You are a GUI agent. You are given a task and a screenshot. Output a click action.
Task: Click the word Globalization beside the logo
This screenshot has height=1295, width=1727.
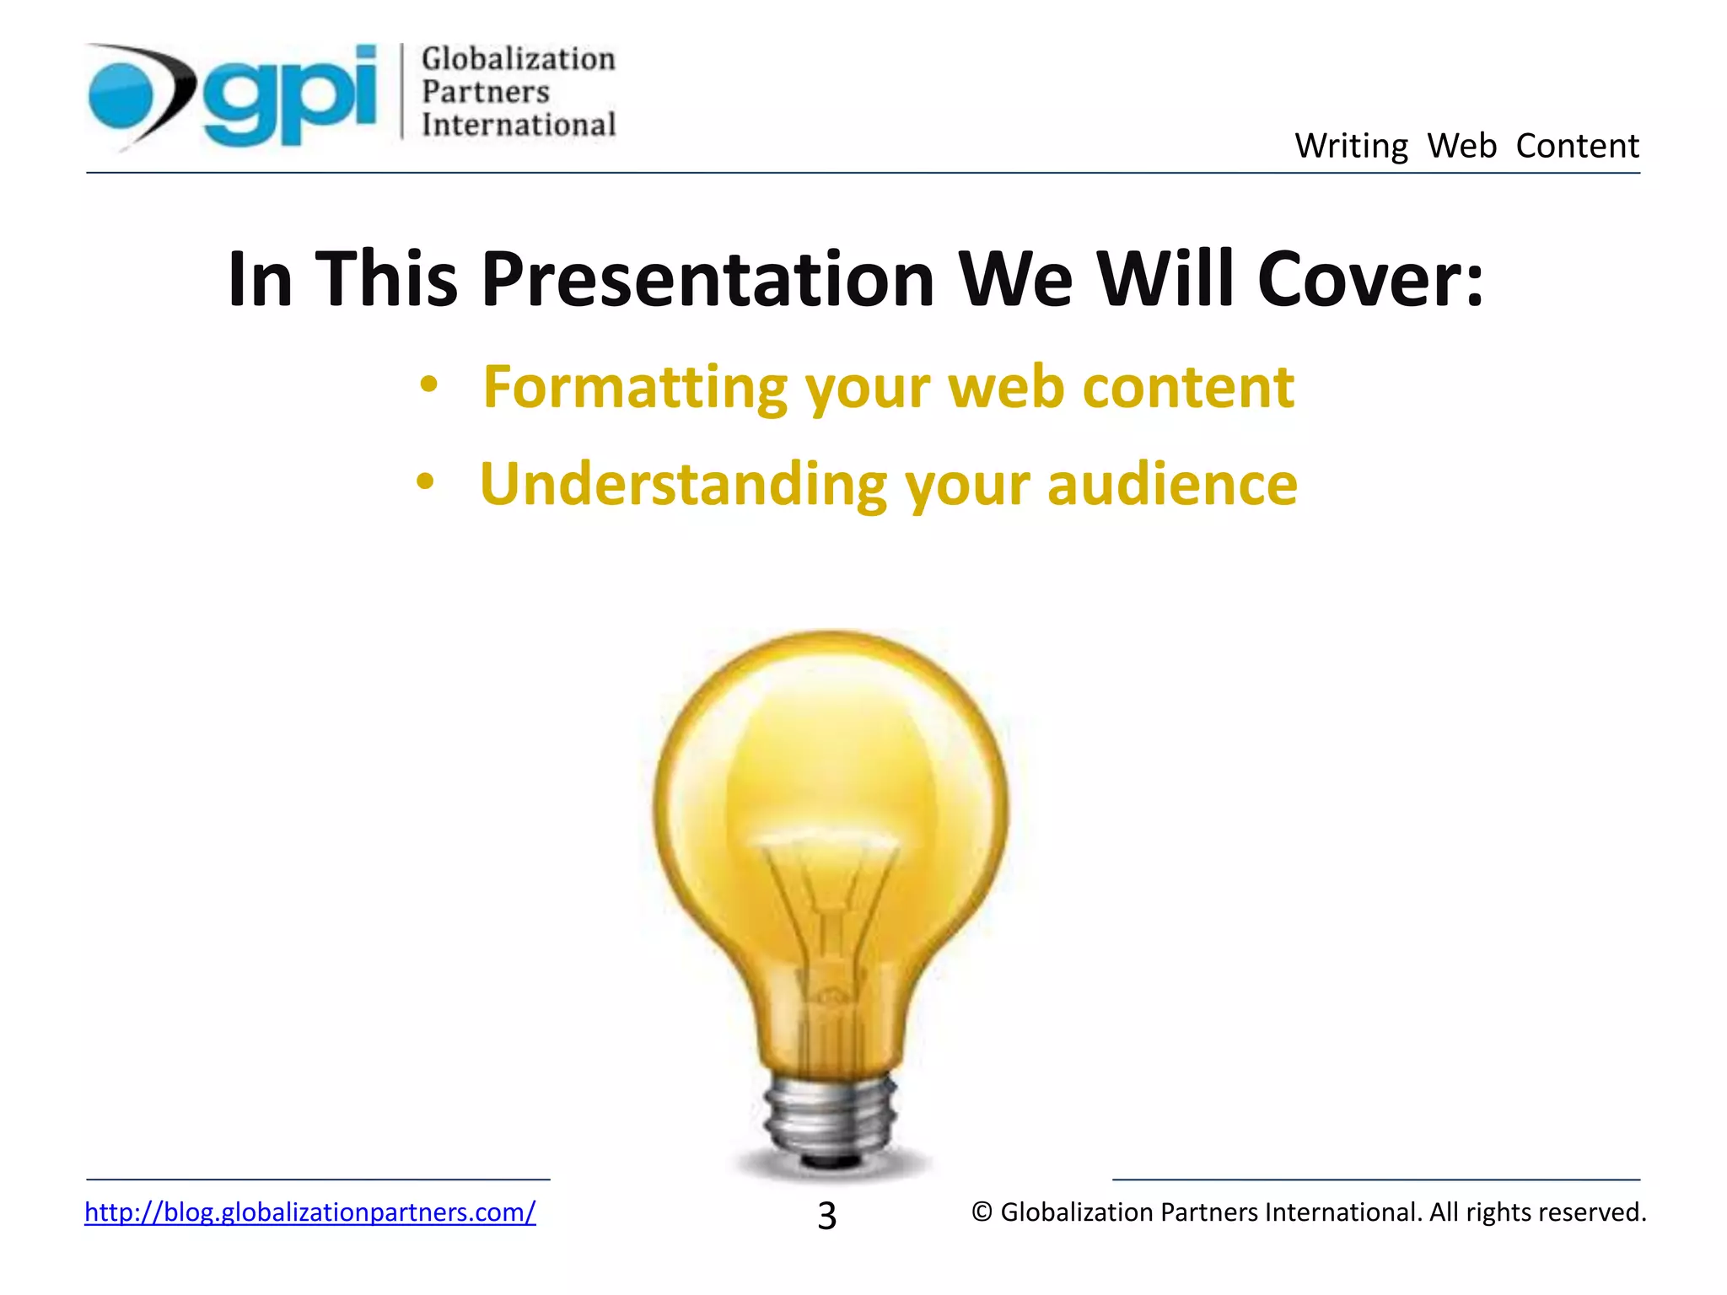point(518,59)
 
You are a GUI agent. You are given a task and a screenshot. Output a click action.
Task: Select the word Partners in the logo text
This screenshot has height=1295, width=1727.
point(485,92)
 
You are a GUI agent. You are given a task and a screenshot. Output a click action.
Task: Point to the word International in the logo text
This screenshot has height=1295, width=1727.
point(518,125)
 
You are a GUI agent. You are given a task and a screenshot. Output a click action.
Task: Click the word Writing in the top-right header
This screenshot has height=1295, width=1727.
point(1351,146)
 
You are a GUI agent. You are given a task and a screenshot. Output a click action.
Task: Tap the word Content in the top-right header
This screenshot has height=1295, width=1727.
point(1577,146)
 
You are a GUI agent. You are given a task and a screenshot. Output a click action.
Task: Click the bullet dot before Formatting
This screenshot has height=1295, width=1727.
point(429,385)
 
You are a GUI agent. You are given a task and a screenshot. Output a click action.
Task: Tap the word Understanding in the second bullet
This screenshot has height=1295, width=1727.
point(682,485)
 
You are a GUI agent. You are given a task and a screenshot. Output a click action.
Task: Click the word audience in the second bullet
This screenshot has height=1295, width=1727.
point(1171,485)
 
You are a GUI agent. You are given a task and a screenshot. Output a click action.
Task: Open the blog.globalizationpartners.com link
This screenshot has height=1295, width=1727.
point(309,1212)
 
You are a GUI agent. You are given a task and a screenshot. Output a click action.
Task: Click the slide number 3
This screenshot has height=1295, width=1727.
point(826,1216)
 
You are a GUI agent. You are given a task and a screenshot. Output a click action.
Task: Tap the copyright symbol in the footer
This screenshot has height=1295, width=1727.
point(982,1212)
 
